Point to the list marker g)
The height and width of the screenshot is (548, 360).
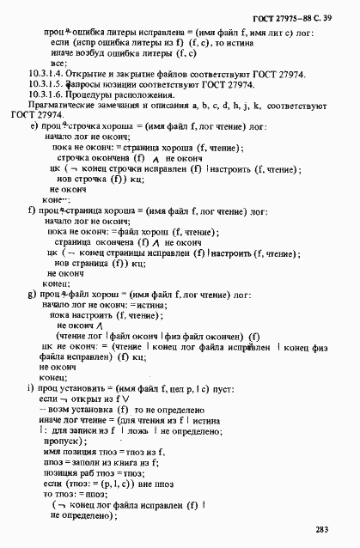[32, 294]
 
